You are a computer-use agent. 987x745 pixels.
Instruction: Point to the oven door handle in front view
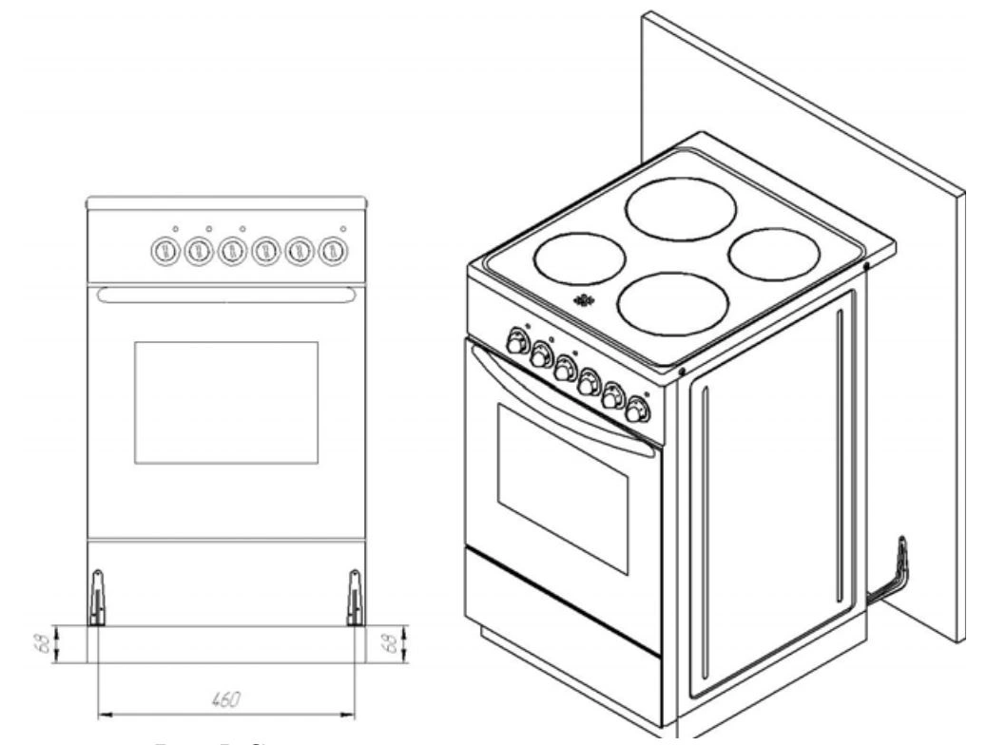(x=226, y=297)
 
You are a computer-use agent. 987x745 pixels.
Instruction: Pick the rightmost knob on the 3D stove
(x=636, y=411)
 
